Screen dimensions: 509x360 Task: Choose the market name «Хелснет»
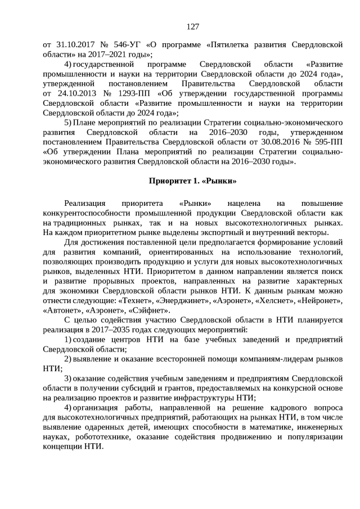click(271, 301)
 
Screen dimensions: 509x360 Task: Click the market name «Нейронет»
click(318, 301)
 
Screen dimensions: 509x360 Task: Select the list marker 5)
click(68, 121)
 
